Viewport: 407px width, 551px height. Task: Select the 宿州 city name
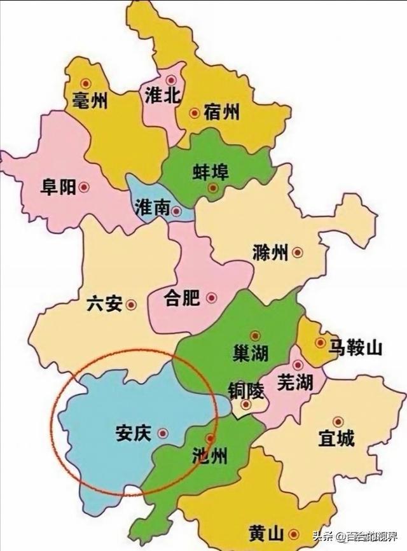[x=222, y=113]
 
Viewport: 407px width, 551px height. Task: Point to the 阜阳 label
[x=58, y=188]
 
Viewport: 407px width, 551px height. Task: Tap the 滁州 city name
[x=270, y=252]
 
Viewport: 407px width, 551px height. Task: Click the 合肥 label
[x=182, y=297]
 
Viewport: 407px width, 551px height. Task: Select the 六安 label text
[x=104, y=304]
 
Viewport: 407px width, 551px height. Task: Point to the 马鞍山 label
[x=355, y=347]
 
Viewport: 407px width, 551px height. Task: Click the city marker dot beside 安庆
[x=162, y=433]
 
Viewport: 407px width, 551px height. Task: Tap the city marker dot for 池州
[x=210, y=438]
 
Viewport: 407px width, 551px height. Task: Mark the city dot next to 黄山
[x=293, y=534]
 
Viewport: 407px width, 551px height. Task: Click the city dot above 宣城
[x=338, y=421]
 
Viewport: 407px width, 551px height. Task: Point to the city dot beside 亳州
[x=86, y=82]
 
